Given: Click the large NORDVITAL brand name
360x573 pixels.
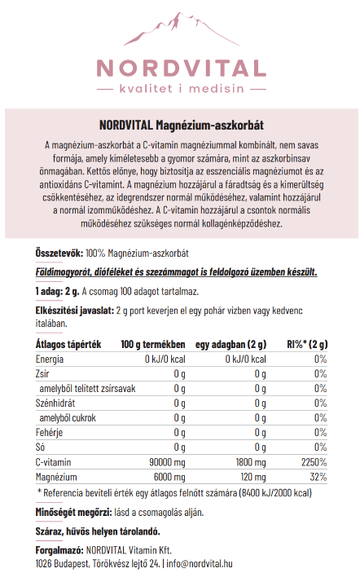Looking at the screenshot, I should tap(180, 68).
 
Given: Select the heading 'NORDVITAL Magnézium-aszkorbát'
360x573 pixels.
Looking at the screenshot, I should tap(179, 124).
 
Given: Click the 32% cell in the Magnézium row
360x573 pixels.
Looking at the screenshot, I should tap(318, 476).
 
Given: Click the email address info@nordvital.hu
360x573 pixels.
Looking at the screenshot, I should tap(200, 562).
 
